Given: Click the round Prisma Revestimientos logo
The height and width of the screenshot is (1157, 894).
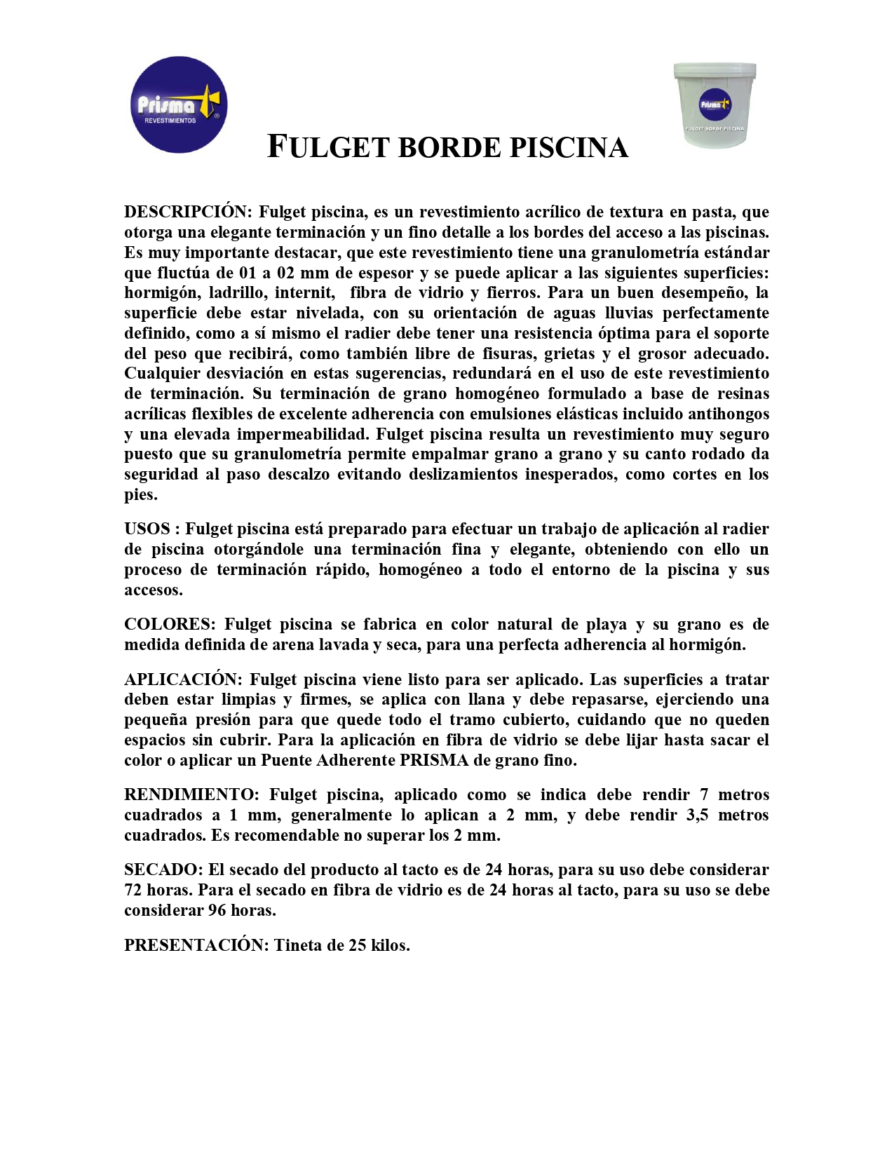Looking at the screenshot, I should [x=179, y=105].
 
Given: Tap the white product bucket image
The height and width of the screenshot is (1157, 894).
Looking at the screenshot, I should [x=714, y=105].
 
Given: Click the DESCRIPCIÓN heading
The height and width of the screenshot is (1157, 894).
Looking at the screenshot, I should [x=187, y=212].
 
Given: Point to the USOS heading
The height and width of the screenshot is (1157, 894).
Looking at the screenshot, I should [x=147, y=529].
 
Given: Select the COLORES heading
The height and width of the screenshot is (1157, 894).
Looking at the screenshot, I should [x=169, y=624].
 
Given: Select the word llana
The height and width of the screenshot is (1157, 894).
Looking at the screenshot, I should [x=487, y=699].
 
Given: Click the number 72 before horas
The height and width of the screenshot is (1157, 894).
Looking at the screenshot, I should [x=133, y=890].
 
